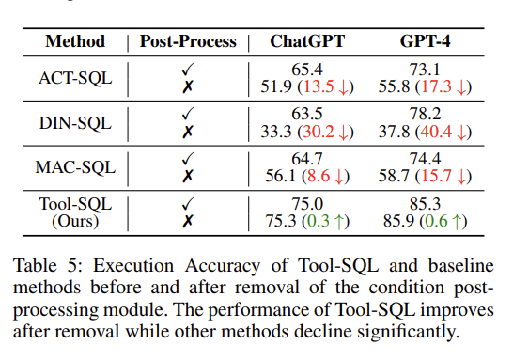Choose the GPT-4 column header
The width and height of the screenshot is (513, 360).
tap(421, 42)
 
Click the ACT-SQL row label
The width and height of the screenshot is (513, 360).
tap(79, 78)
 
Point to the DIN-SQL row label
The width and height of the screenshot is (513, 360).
tap(79, 123)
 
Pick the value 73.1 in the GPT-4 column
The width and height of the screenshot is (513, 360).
tap(421, 70)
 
